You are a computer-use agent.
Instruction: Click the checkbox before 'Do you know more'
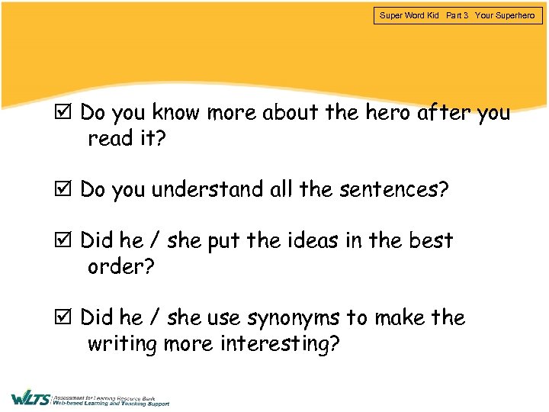point(65,113)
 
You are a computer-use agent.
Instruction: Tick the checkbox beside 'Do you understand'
point(65,189)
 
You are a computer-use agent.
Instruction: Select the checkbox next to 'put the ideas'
point(65,241)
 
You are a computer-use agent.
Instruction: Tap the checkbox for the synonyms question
point(65,317)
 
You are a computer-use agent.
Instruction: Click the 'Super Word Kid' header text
point(409,15)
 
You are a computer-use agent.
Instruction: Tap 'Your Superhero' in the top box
point(505,15)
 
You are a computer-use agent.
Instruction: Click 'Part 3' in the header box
point(457,15)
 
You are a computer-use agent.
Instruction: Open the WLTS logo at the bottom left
point(30,398)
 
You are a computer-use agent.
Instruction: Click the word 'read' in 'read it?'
point(110,139)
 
